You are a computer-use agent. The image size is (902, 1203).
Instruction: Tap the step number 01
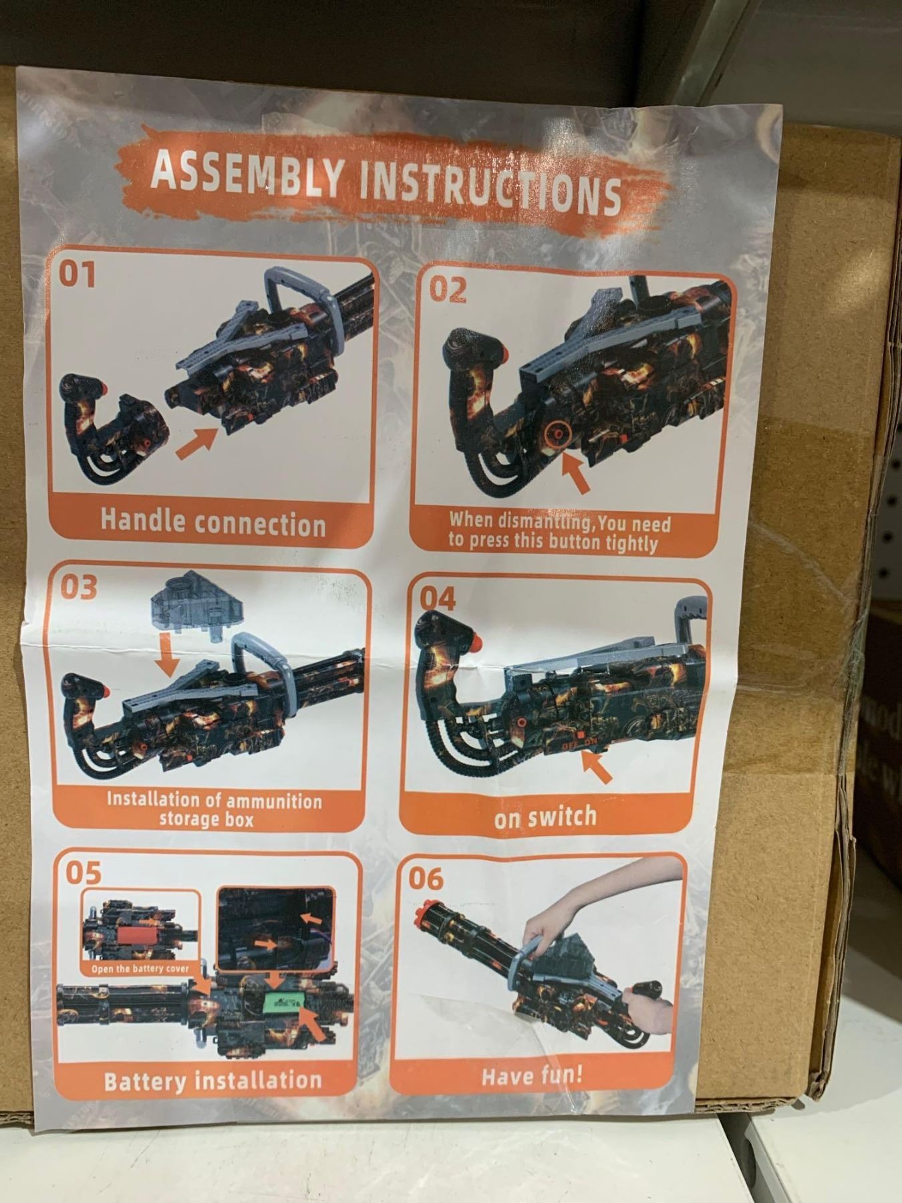[x=78, y=273]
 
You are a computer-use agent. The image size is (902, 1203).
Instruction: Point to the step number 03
[x=79, y=587]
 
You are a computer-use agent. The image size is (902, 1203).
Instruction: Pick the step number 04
[x=438, y=599]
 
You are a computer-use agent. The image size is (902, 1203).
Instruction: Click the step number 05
[x=84, y=872]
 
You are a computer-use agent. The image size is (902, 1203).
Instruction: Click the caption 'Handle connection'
[x=213, y=522]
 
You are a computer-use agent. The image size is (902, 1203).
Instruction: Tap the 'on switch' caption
[x=545, y=816]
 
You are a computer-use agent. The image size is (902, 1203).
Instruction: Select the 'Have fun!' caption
[x=532, y=1075]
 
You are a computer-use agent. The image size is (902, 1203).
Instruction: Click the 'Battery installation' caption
[x=212, y=1080]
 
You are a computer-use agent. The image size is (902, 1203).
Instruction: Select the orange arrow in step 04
[x=597, y=767]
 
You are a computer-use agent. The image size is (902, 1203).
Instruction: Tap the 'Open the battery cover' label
[x=140, y=968]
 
